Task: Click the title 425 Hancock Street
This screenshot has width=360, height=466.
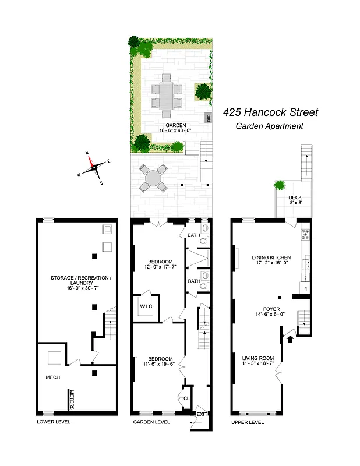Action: pyautogui.click(x=271, y=112)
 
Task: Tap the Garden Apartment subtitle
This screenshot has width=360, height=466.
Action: pyautogui.click(x=269, y=126)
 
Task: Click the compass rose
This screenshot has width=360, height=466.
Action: pyautogui.click(x=93, y=168)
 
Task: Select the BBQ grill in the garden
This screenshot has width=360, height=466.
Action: pyautogui.click(x=207, y=118)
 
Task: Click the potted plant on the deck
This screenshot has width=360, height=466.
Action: pyautogui.click(x=280, y=185)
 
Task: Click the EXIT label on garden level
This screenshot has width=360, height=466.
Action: pyautogui.click(x=201, y=414)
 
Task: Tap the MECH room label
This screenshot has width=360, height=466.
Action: pyautogui.click(x=53, y=377)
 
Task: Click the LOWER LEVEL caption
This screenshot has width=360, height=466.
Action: pyautogui.click(x=53, y=422)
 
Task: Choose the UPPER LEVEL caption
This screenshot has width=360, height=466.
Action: pyautogui.click(x=247, y=422)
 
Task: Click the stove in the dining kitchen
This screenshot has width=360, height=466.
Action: pyautogui.click(x=304, y=235)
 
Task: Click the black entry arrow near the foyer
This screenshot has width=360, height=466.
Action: pyautogui.click(x=290, y=336)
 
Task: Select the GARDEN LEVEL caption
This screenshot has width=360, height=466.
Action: pyautogui.click(x=151, y=422)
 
